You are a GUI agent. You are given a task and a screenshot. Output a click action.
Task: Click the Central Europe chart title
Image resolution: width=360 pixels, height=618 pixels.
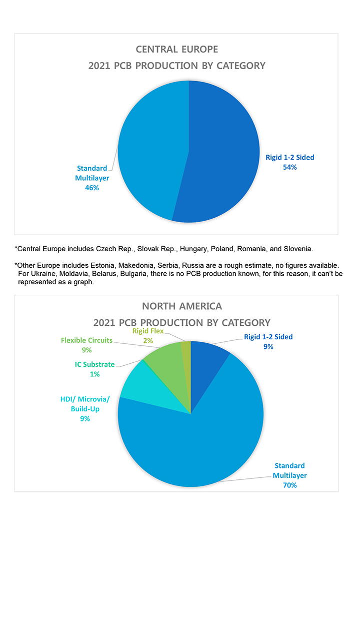tap(177, 50)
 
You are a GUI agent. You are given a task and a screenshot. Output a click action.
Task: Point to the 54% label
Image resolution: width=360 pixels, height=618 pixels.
tap(289, 167)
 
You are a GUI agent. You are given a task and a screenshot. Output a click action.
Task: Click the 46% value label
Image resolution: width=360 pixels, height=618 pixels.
tap(92, 188)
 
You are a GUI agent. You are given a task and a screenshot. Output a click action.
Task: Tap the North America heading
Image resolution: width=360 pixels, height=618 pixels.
tap(182, 306)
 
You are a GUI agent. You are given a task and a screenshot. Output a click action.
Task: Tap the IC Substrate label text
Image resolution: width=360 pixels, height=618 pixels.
tap(95, 364)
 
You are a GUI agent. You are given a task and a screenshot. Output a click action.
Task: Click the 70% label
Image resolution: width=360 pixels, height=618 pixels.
tap(289, 485)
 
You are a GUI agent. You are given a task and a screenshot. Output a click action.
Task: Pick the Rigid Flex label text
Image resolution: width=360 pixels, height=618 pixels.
tap(148, 331)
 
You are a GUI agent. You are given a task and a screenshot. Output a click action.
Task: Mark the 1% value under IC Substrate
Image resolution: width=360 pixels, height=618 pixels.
tap(94, 374)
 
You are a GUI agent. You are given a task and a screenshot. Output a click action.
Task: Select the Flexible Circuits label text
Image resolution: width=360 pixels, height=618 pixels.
tap(86, 340)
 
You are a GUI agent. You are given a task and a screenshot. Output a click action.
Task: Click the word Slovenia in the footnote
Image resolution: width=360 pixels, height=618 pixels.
tap(297, 248)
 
